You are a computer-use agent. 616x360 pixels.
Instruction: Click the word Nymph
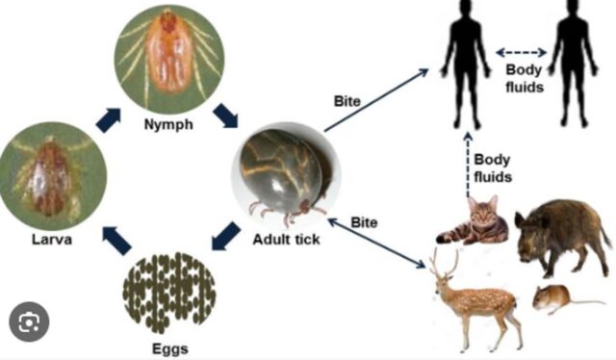coord(168,124)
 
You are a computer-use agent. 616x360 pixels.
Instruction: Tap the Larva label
coord(52,240)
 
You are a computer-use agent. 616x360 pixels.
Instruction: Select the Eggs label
coord(170,349)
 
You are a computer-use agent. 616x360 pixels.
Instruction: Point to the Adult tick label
coord(286,240)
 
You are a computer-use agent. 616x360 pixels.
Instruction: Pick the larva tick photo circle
coord(52,176)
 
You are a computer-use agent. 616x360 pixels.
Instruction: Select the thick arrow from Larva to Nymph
coord(109,120)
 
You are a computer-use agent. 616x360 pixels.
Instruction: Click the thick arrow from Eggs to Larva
coord(116,241)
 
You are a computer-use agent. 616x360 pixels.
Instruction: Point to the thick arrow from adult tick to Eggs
coord(225,236)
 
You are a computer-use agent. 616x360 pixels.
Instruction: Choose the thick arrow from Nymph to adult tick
coord(226,116)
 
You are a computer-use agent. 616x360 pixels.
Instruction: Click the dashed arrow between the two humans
coord(521,52)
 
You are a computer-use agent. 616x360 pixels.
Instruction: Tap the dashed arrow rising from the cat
coord(468,165)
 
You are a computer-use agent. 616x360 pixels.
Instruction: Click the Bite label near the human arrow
coord(347,101)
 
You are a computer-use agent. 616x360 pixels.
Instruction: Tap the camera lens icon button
coord(29,322)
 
